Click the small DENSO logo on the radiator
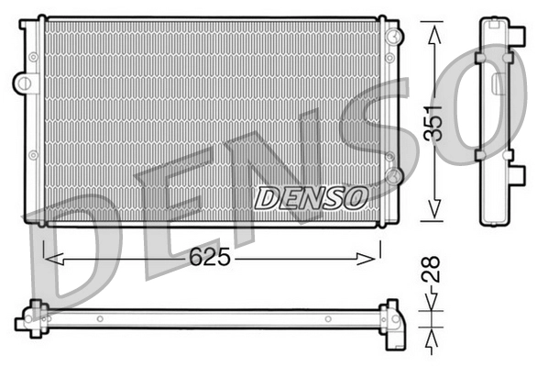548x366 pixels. (x=311, y=196)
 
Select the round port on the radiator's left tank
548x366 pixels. (x=20, y=82)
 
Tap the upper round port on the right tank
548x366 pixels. (x=394, y=37)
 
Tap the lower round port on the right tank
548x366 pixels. (x=394, y=174)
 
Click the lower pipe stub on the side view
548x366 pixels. (x=519, y=172)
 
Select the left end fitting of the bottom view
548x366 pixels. (x=35, y=317)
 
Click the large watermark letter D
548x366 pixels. (x=78, y=243)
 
